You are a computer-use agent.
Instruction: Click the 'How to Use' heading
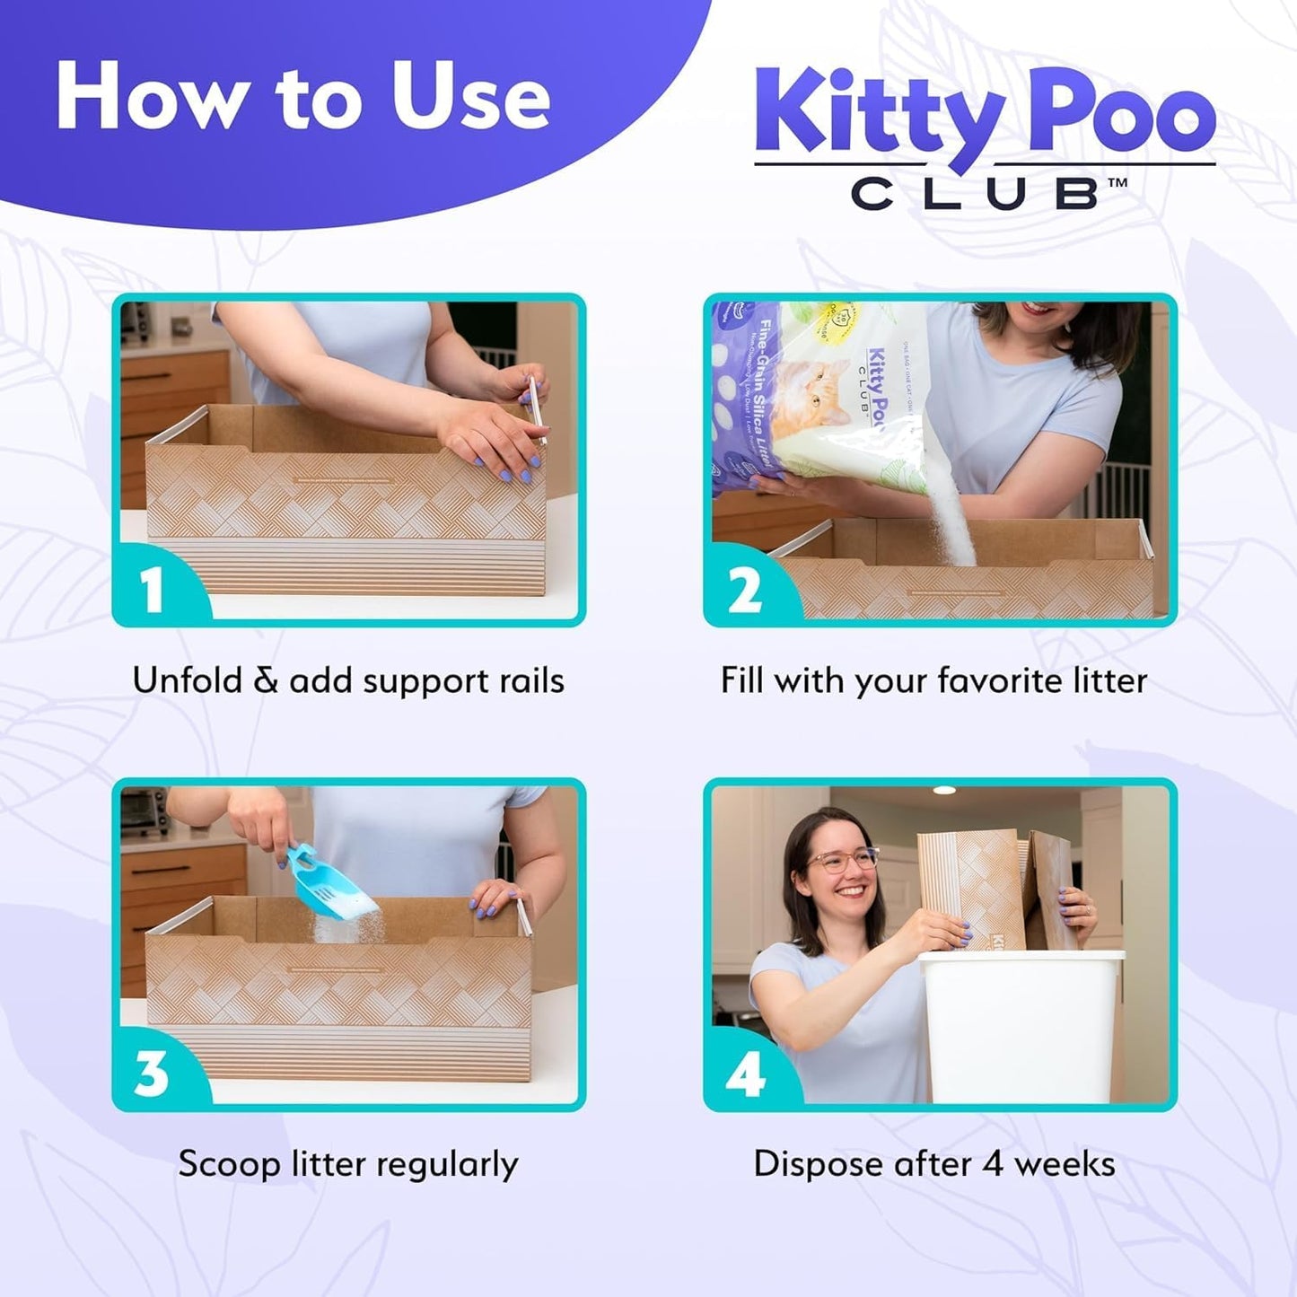click(302, 98)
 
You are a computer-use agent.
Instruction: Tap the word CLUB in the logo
click(975, 194)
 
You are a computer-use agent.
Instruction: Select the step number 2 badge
click(744, 591)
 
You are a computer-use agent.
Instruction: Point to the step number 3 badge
click(151, 1073)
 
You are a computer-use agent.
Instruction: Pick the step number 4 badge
click(744, 1074)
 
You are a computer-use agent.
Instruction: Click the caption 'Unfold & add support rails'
click(348, 680)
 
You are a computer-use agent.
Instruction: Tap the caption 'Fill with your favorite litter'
click(933, 680)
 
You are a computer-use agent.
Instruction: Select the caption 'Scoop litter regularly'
click(348, 1164)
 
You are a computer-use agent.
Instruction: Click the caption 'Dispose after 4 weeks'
click(933, 1164)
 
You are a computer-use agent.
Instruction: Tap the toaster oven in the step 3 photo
click(144, 811)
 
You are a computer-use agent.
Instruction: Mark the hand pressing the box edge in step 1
click(489, 437)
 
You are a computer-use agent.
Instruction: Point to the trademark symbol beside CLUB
click(1117, 183)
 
